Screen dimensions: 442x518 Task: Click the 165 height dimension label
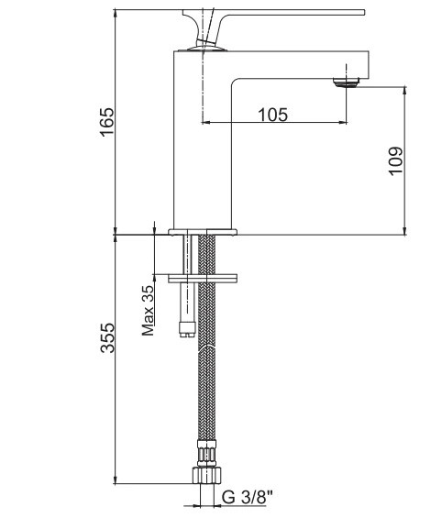coord(107,122)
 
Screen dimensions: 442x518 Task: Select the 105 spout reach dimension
coord(273,115)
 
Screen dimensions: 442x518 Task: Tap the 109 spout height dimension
coord(395,160)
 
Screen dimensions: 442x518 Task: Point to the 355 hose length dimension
coord(107,338)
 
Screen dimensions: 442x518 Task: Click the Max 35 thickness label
coord(148,310)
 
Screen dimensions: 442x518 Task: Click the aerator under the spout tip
coord(347,83)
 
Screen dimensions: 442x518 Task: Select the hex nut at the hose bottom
coord(206,475)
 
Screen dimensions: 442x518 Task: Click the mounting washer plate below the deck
coord(203,279)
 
